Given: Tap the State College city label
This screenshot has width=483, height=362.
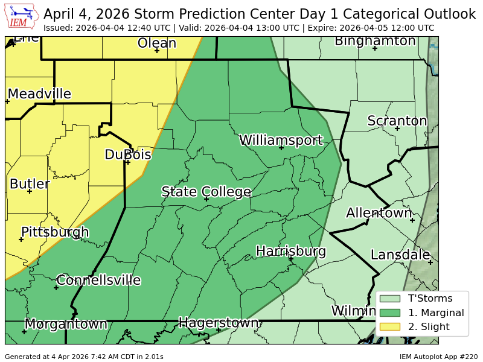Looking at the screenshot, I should click(206, 192).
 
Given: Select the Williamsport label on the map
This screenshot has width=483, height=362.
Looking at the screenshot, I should click(281, 141).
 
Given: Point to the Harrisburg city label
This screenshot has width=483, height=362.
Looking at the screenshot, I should click(291, 251).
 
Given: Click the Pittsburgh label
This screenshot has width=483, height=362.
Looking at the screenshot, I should click(55, 232).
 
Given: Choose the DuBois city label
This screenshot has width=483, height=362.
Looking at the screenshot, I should click(127, 154).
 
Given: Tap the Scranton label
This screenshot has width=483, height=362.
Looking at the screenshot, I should click(397, 121).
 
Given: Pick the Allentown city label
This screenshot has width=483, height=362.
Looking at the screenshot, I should click(379, 212).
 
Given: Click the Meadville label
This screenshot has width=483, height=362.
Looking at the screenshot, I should click(39, 94).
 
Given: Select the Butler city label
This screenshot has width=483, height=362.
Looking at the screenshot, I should click(30, 184).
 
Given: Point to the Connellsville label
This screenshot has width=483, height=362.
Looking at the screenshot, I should click(98, 280).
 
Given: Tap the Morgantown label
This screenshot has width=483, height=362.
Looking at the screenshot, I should click(66, 324).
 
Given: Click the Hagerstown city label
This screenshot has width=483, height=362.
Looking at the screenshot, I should click(219, 323).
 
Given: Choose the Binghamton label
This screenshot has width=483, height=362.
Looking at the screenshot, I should click(375, 41).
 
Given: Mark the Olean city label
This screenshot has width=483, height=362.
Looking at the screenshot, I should click(157, 43).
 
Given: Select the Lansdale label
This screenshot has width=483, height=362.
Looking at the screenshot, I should click(400, 255).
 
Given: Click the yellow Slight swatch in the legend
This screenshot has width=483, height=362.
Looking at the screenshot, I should click(390, 327).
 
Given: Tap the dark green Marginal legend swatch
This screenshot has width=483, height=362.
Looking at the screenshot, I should click(390, 313).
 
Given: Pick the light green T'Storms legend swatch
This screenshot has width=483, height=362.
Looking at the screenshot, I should click(390, 298).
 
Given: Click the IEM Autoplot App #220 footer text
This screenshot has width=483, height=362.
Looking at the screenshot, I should click(438, 357).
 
